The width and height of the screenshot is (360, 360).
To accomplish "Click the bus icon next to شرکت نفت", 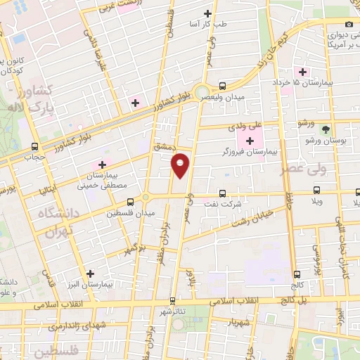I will click(223, 193).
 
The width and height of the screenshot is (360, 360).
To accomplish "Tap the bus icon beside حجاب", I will click(35, 147).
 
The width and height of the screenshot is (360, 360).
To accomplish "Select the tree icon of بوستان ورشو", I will click(325, 129).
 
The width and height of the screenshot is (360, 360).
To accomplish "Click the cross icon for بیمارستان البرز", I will click(89, 274).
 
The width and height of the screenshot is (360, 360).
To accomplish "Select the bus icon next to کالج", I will click(297, 274).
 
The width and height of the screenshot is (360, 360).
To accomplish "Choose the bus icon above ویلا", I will click(316, 191).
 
